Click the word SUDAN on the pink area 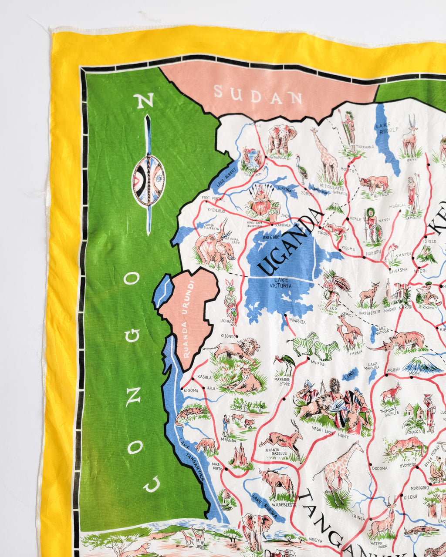(x=258, y=95)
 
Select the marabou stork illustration (x=284, y=363)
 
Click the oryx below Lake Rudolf (x=410, y=135)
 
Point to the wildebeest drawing (x=277, y=482)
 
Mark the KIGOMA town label (x=191, y=390)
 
